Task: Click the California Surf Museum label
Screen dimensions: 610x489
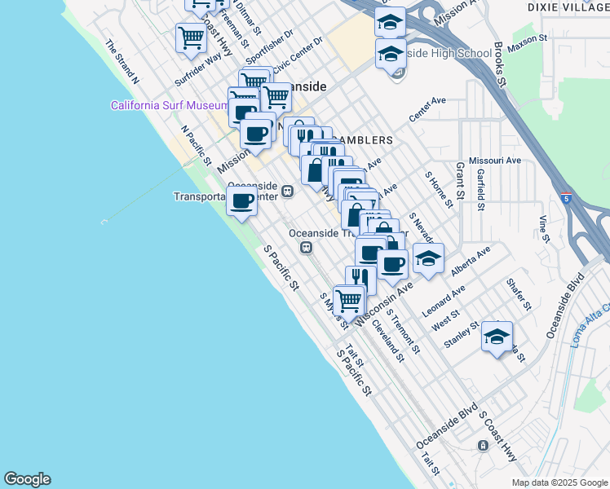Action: [x=170, y=106]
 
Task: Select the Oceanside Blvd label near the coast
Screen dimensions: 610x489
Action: [x=446, y=429]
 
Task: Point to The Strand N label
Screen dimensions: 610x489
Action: [x=122, y=62]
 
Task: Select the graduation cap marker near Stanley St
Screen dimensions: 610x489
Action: [x=497, y=336]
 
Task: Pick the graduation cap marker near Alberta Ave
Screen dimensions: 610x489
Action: [x=428, y=258]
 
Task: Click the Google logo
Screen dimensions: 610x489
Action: [x=27, y=479]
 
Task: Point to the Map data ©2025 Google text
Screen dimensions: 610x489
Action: [x=559, y=482]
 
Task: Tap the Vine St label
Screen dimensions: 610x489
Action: [x=543, y=229]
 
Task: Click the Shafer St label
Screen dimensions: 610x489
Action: [x=519, y=294]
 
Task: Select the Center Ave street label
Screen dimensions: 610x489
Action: [x=427, y=110]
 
